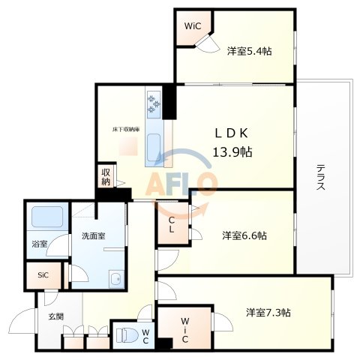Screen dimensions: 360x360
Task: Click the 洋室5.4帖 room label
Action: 249,51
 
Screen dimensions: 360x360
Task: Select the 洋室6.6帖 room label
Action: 244,235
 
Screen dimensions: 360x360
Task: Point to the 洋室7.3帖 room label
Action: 268,311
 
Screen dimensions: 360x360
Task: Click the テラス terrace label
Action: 320,178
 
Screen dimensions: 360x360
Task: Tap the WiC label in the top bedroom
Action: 193,25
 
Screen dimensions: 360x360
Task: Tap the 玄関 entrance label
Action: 56,316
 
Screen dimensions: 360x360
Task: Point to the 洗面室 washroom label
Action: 93,235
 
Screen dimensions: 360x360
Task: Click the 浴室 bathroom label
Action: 40,244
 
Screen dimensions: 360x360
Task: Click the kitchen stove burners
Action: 154,105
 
